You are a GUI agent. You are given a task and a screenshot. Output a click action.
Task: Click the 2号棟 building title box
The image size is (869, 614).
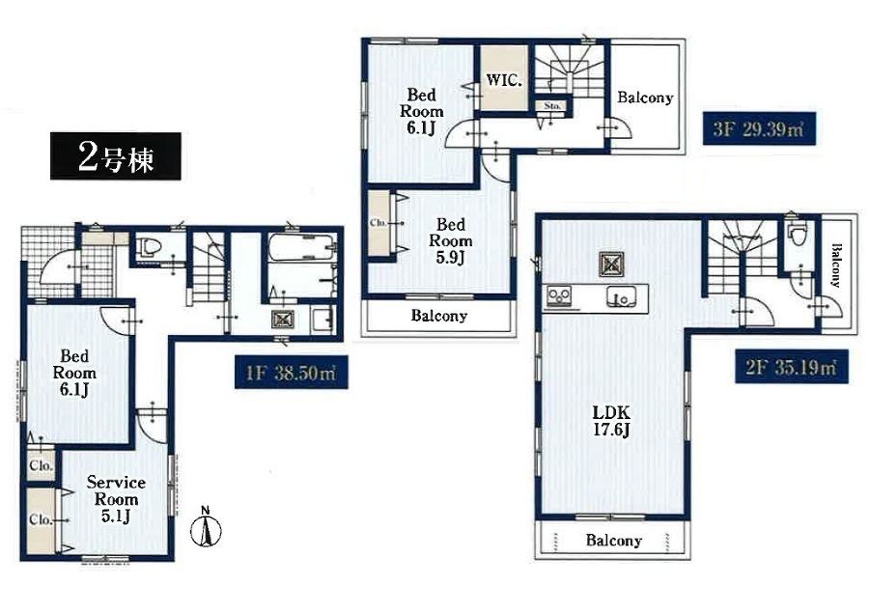[x=115, y=156]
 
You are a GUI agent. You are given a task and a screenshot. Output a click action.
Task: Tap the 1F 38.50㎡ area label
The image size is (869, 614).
[x=291, y=372]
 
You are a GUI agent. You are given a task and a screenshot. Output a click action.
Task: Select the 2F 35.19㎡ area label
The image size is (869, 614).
[x=792, y=366]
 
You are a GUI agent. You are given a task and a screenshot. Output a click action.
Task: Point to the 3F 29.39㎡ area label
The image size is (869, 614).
[x=759, y=128]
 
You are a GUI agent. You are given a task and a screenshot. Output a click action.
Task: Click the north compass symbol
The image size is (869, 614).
[x=206, y=527]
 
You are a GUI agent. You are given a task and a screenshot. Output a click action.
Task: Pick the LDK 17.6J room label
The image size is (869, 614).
[x=611, y=421]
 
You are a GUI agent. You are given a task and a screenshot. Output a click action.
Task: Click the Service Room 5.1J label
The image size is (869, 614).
[x=116, y=499]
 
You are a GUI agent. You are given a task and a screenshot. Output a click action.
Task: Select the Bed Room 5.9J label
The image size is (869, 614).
[x=450, y=240]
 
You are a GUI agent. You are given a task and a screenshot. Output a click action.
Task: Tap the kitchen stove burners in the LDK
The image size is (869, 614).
[x=560, y=296]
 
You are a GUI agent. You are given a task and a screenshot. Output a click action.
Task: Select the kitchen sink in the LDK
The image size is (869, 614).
[x=621, y=297]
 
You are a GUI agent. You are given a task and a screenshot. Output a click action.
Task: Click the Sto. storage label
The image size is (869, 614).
[x=552, y=105]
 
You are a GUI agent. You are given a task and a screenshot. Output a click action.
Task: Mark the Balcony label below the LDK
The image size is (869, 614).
[x=613, y=540]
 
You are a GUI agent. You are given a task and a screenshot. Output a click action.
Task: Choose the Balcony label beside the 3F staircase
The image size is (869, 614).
[x=645, y=98]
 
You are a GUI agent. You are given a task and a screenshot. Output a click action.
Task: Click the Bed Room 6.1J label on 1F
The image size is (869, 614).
[x=74, y=373]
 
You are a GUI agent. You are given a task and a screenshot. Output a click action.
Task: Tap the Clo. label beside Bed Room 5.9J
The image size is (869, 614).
[x=378, y=223]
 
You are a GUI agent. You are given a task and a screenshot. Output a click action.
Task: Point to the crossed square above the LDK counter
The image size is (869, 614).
[x=611, y=264]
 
